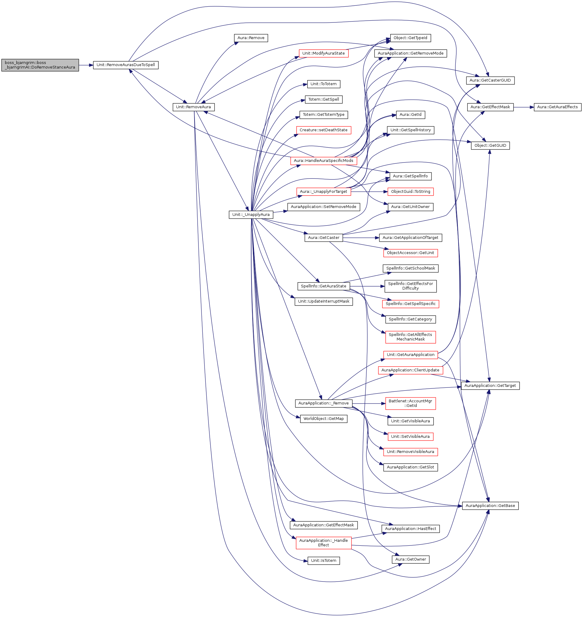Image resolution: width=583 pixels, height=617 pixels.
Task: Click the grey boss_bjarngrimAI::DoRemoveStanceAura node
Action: (x=40, y=65)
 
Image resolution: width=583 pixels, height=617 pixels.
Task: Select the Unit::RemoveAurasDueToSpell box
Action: (x=125, y=65)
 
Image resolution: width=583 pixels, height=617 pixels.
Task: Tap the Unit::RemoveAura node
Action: (x=193, y=107)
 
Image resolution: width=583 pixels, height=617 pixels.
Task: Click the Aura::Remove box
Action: (x=251, y=38)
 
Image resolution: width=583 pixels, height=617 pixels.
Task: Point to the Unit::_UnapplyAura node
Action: (x=251, y=215)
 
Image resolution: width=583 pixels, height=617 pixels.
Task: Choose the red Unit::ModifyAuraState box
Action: (x=323, y=53)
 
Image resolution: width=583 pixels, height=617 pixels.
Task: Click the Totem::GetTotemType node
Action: (x=324, y=115)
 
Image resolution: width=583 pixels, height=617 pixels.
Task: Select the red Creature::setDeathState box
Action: (x=323, y=130)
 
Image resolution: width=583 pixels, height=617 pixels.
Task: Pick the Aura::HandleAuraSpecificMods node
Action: (x=324, y=161)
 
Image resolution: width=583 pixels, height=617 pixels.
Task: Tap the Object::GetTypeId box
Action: (x=410, y=38)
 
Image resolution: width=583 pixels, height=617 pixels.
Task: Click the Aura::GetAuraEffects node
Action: (x=557, y=107)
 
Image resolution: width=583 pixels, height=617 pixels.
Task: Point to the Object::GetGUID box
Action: (x=490, y=146)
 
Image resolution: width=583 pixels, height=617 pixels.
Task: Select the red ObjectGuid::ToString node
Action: (x=411, y=192)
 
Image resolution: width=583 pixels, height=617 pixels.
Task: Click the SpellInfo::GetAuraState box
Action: (x=323, y=286)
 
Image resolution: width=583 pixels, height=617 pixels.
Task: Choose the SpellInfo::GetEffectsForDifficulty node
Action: (x=410, y=286)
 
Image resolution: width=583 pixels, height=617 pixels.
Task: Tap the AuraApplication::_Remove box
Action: (x=323, y=403)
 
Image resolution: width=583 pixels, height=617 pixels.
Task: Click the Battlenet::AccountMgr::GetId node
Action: (x=410, y=403)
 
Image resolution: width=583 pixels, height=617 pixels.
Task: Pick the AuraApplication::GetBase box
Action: (x=490, y=506)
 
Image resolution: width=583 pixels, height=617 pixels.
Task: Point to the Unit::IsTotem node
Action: (x=324, y=561)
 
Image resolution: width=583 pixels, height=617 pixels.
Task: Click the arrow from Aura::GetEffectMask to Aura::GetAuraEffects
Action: (x=524, y=107)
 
